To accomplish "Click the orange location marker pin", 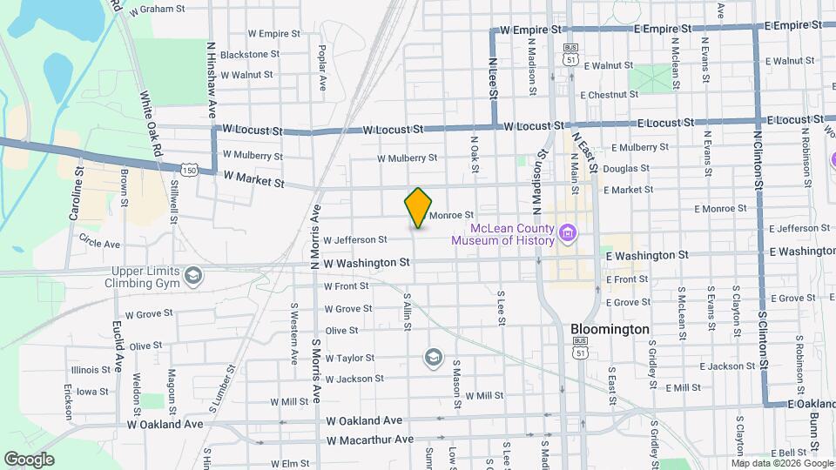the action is tap(419, 208).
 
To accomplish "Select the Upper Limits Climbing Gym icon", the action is tap(192, 277).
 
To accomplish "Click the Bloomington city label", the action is tap(610, 330).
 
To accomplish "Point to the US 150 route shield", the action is tap(189, 166).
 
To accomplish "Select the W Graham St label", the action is tap(157, 10).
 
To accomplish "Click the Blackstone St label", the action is tap(249, 54).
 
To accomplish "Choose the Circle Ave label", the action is tap(99, 241).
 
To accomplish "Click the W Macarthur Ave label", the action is tap(369, 440).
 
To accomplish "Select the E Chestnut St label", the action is tap(602, 95).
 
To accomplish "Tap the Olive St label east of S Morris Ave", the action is tap(341, 331).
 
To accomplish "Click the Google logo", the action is tap(29, 459).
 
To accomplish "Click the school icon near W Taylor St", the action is tap(433, 357).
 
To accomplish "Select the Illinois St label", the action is tap(91, 369).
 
